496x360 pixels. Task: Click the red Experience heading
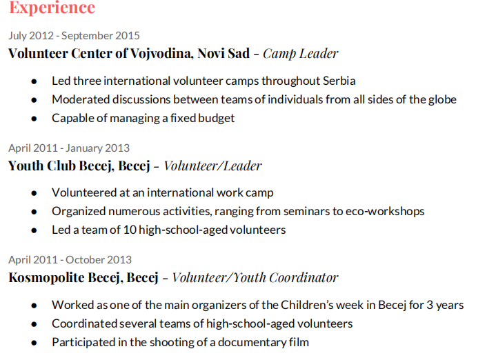52,8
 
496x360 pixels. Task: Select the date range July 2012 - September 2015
74,36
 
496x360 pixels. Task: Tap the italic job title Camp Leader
301,54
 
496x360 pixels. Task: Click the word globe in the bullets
442,100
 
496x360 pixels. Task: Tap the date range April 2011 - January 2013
69,148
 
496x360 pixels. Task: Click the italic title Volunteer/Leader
212,166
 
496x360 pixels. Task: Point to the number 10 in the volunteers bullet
131,230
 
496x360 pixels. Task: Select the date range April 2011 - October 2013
70,260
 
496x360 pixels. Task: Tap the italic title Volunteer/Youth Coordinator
255,279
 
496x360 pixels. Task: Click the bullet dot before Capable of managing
34,119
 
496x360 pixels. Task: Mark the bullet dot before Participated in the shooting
34,342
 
